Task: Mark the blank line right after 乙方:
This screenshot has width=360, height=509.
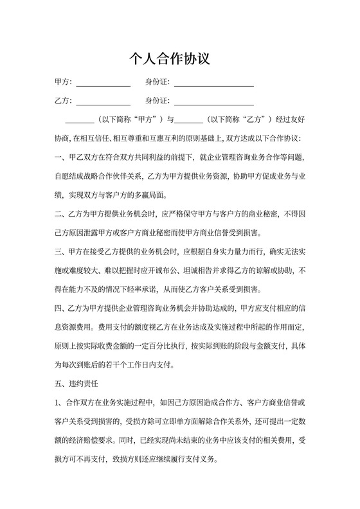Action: pyautogui.click(x=104, y=102)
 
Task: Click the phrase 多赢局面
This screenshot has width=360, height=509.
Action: pyautogui.click(x=154, y=194)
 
